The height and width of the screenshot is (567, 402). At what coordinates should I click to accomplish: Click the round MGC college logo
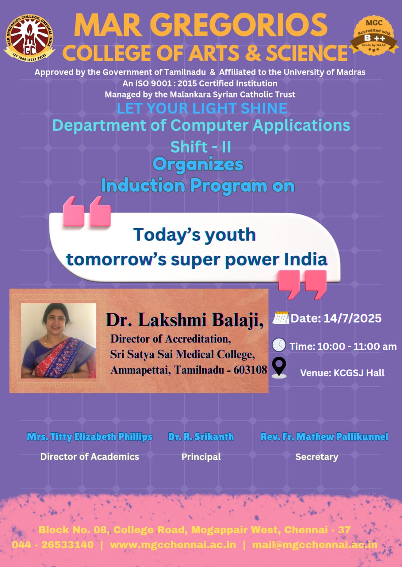click(29, 38)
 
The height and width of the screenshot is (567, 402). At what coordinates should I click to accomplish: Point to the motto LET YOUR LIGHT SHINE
click(202, 108)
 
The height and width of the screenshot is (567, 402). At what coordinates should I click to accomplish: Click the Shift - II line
click(200, 147)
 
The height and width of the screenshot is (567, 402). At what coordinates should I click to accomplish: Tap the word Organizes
click(198, 164)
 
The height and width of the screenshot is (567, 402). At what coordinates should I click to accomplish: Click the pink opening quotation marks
click(87, 211)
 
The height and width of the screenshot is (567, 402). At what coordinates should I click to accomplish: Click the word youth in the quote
click(230, 235)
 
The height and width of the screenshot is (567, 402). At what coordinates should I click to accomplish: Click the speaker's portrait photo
click(58, 341)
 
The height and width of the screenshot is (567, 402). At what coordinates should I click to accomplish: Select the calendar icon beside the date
click(281, 318)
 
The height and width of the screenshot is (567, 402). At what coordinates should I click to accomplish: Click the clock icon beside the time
click(279, 344)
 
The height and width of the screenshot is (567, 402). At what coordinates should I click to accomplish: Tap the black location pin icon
click(279, 368)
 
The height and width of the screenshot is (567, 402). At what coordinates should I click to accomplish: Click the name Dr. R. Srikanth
click(201, 436)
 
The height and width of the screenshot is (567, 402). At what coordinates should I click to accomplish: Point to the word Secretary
click(317, 457)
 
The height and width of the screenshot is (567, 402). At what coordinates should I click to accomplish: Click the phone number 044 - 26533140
click(53, 544)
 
